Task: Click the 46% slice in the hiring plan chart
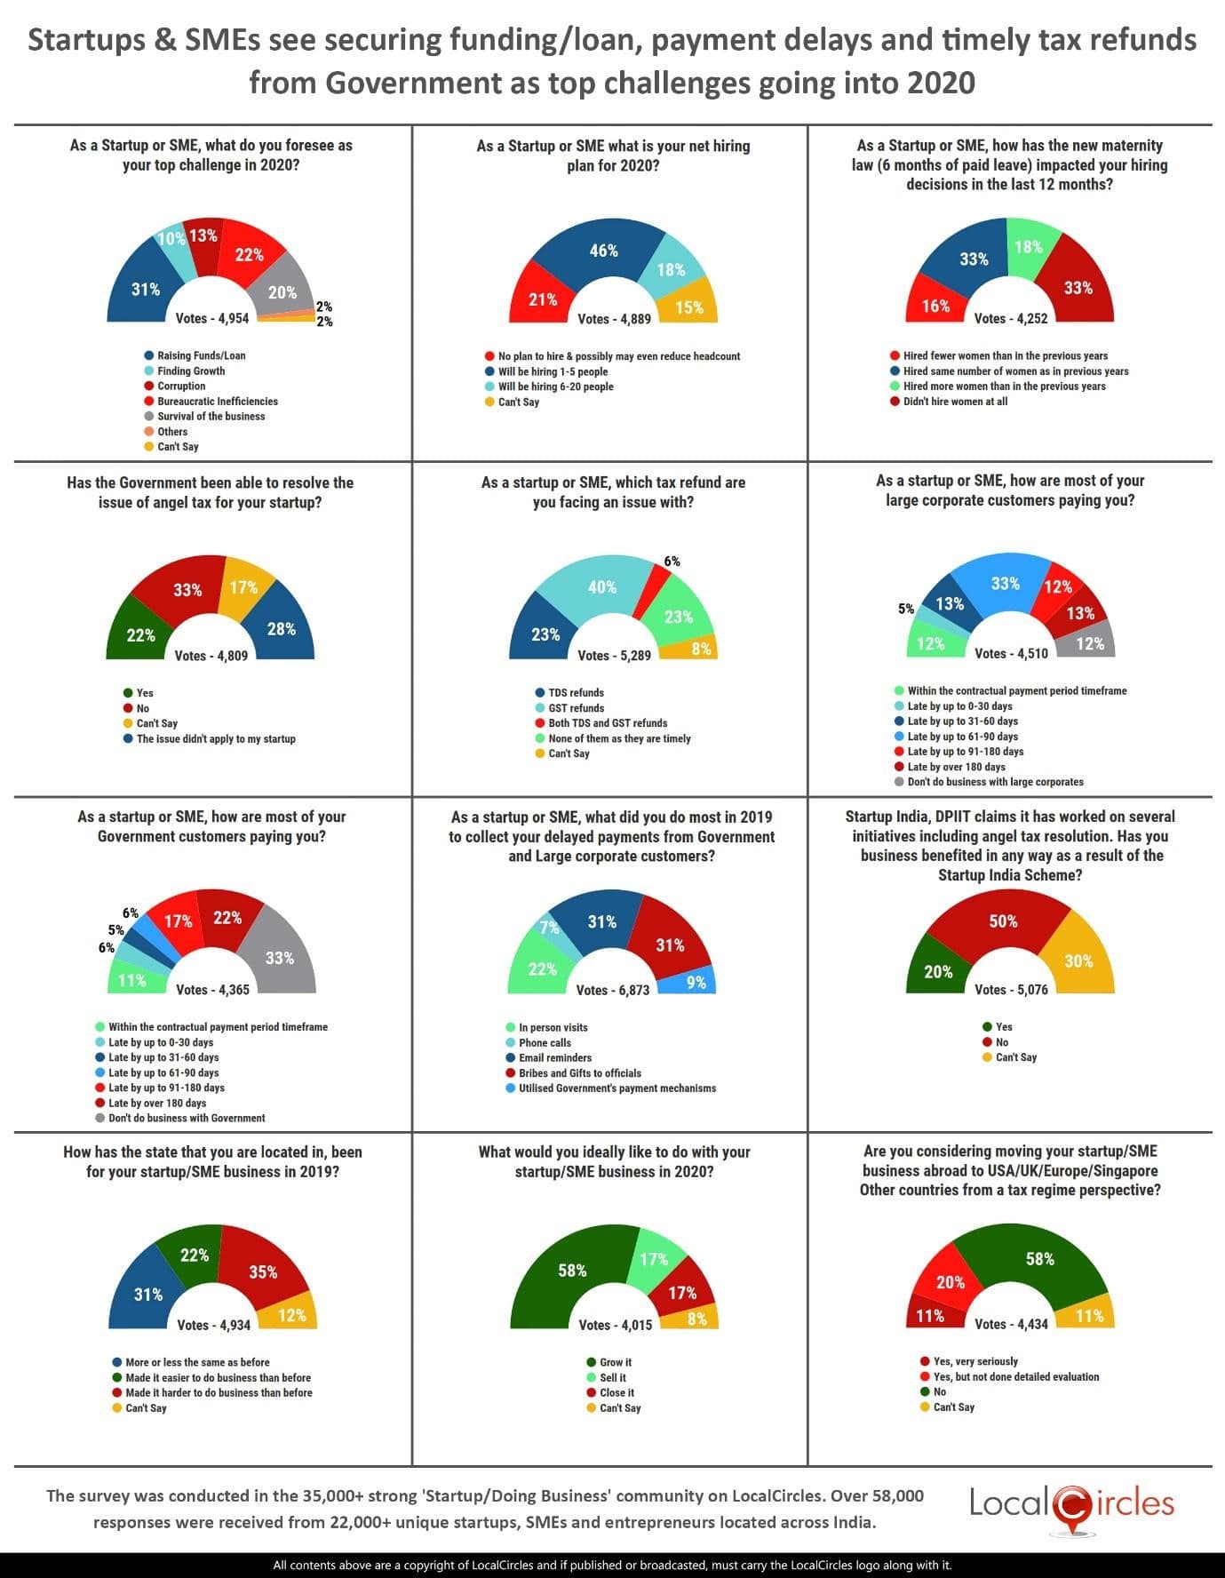coord(604,251)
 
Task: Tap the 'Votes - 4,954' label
coord(212,318)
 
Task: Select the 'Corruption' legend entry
coord(181,386)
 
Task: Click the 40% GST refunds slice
coord(602,587)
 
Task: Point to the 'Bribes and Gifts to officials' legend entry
coord(579,1072)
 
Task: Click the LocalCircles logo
coord(1071,1505)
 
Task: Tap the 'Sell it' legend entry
coord(612,1377)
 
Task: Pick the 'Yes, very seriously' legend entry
coord(975,1361)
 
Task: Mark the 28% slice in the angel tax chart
coord(281,629)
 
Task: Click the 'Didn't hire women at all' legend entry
coord(955,402)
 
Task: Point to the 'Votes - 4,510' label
coord(1011,653)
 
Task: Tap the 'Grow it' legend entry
coord(616,1362)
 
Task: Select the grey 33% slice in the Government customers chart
coord(279,958)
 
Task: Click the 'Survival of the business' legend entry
coord(211,416)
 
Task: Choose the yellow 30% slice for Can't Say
coord(1078,961)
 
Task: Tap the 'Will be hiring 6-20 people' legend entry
coord(555,387)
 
